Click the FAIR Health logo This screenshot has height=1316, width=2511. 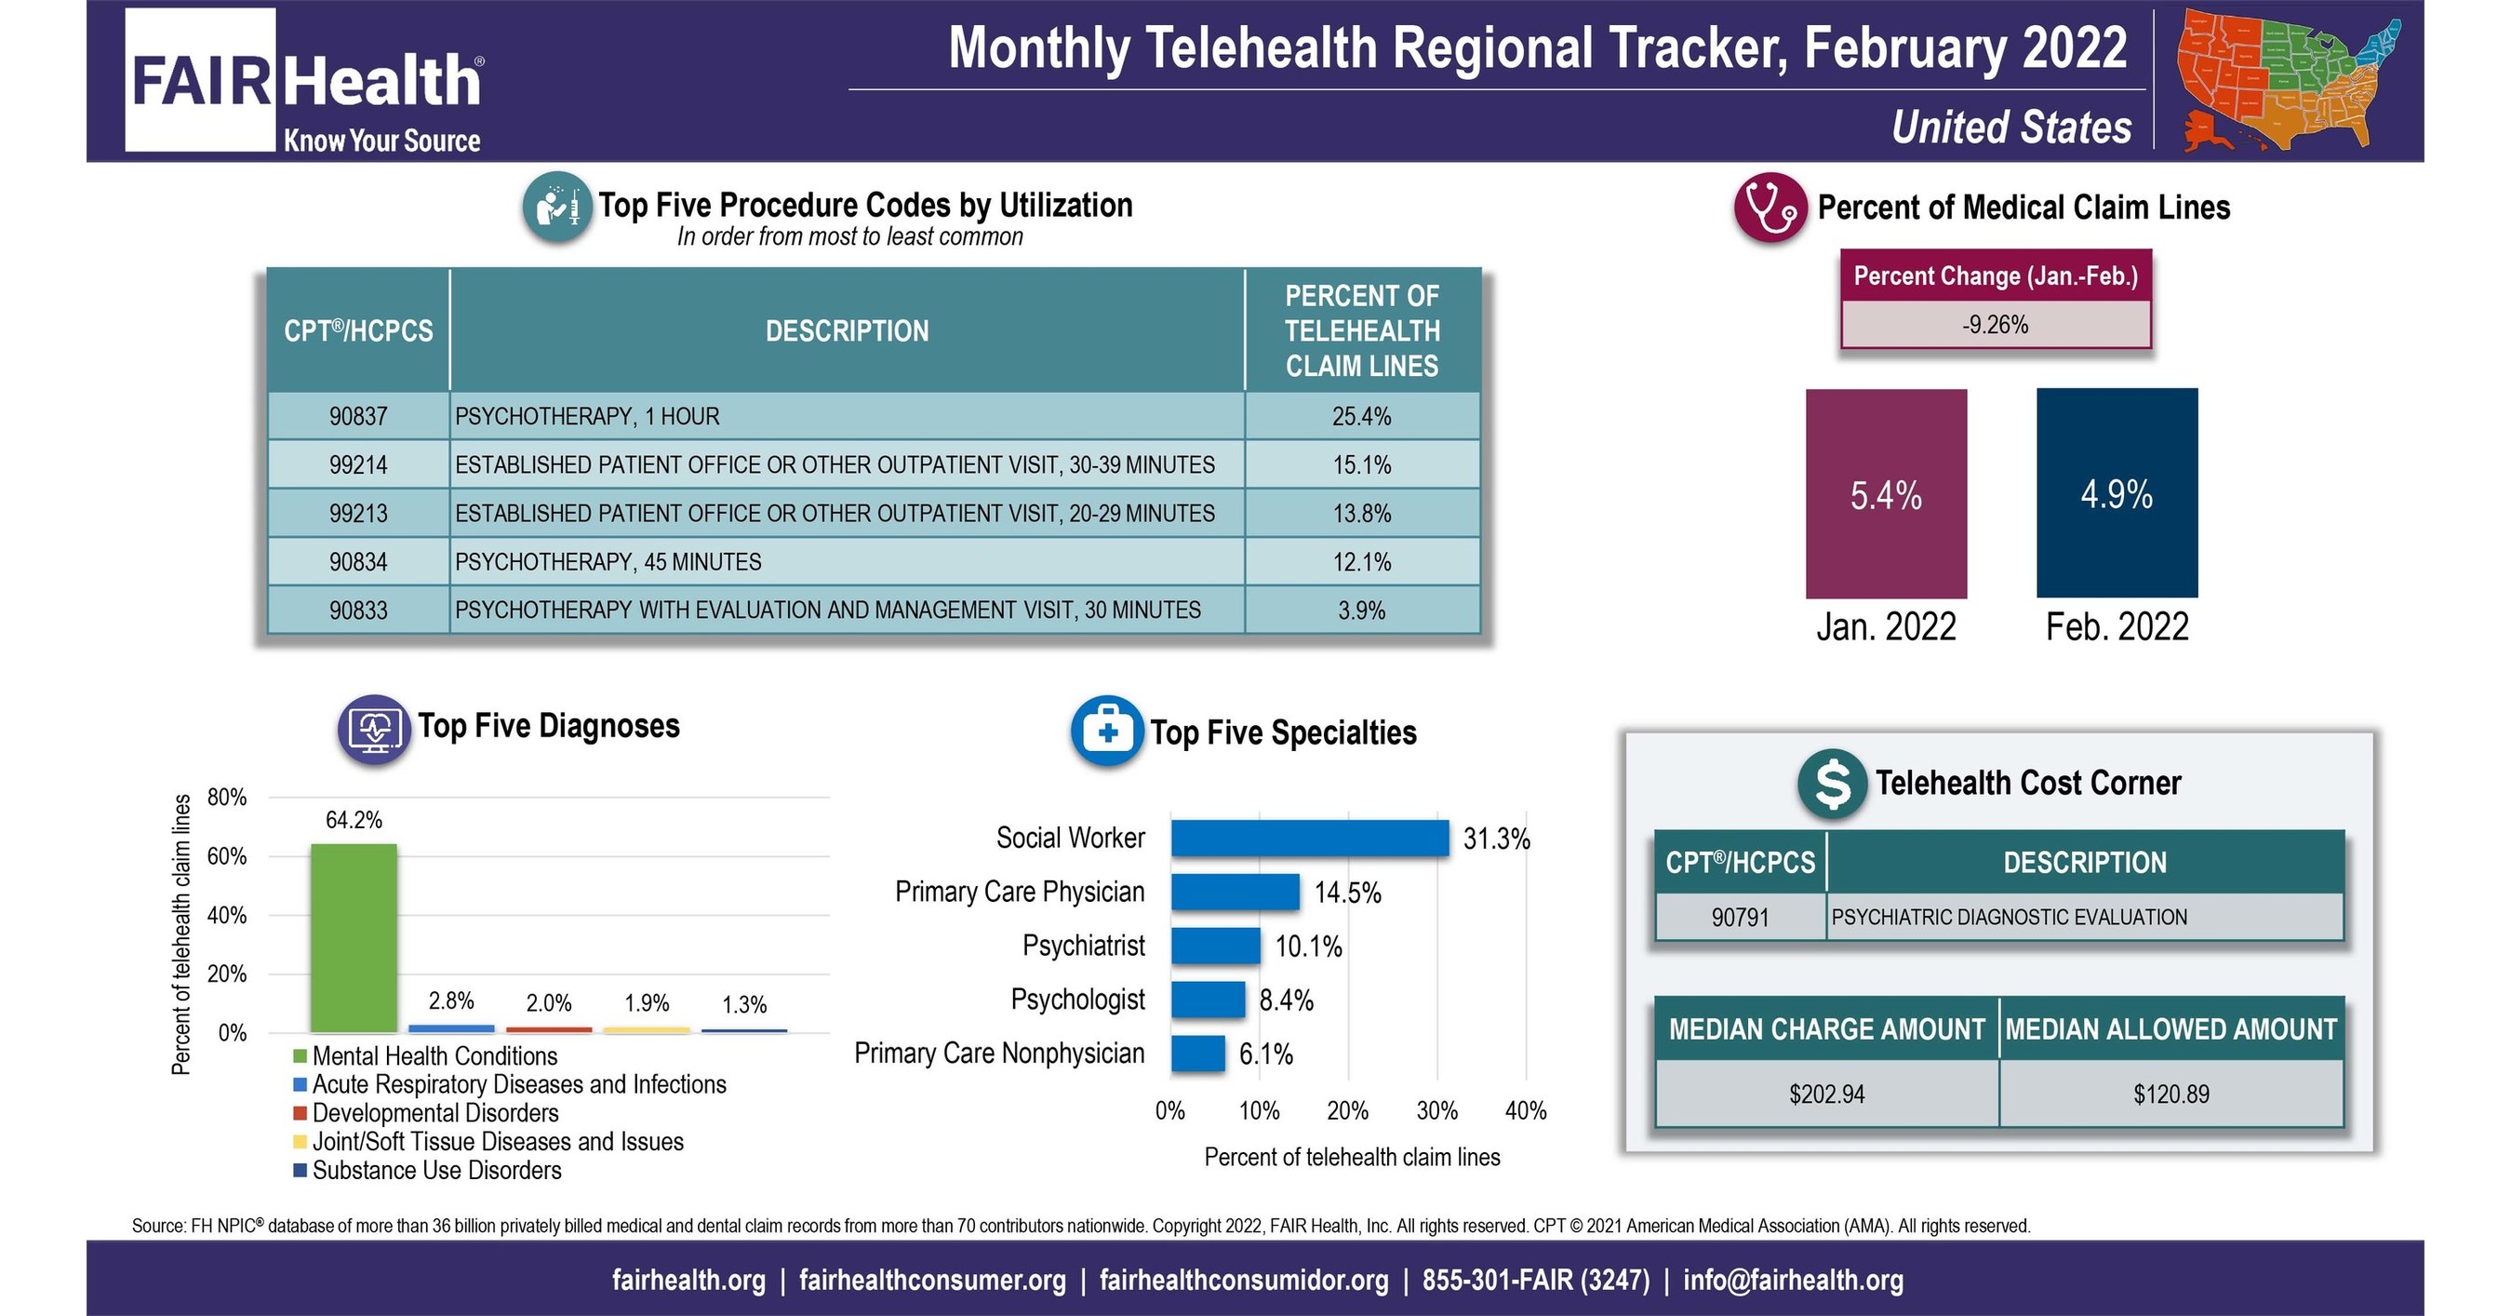coord(305,82)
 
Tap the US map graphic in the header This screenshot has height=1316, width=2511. coord(2287,80)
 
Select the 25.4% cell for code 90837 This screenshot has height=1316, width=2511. coord(1361,416)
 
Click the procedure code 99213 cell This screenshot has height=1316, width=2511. coord(358,513)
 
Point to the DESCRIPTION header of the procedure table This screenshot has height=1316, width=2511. coord(846,331)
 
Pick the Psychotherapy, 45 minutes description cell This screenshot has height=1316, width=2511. coord(846,561)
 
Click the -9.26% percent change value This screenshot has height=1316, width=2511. coord(1995,325)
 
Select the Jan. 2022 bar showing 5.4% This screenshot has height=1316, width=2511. coord(1885,494)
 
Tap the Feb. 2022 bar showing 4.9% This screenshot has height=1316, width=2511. coord(2117,493)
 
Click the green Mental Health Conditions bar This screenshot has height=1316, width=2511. coord(353,937)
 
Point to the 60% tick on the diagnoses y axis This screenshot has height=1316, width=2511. coord(226,857)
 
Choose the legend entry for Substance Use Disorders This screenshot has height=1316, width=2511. coord(435,1170)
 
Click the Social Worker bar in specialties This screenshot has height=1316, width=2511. coord(1309,839)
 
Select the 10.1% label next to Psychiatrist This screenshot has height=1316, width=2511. coord(1308,947)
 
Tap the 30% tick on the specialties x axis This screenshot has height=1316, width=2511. coord(1436,1110)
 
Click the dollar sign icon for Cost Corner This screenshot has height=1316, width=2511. coord(1832,783)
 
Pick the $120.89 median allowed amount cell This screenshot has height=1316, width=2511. coord(2170,1094)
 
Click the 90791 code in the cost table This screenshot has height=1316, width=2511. coord(1740,918)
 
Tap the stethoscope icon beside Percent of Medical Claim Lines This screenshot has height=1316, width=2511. coord(1770,207)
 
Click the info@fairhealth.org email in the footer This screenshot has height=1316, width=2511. coord(1793,1280)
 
